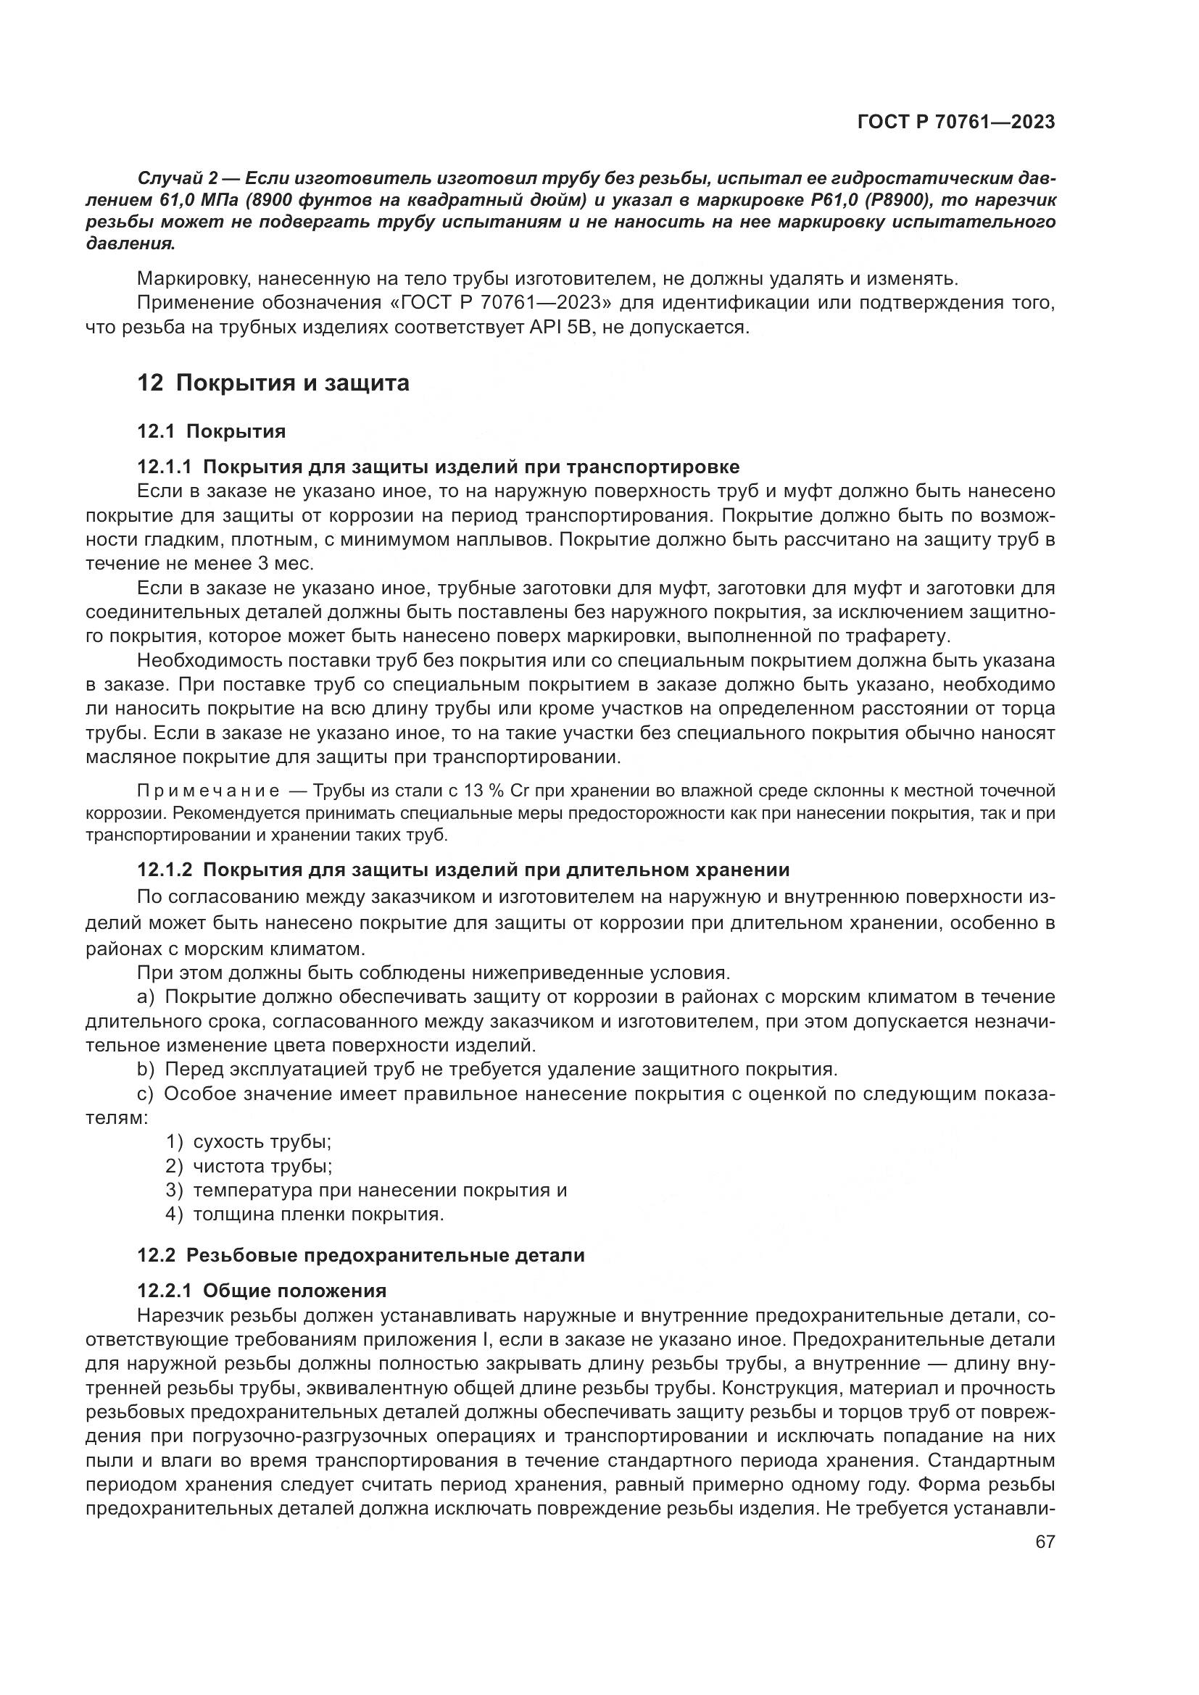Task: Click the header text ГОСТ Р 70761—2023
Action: [956, 122]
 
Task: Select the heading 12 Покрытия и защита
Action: [273, 383]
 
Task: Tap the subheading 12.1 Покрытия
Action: [211, 431]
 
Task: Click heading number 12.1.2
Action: [164, 870]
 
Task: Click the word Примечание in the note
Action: [208, 791]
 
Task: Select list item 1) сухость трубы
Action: [249, 1141]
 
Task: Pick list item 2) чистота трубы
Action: [249, 1166]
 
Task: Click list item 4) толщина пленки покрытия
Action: [305, 1215]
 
